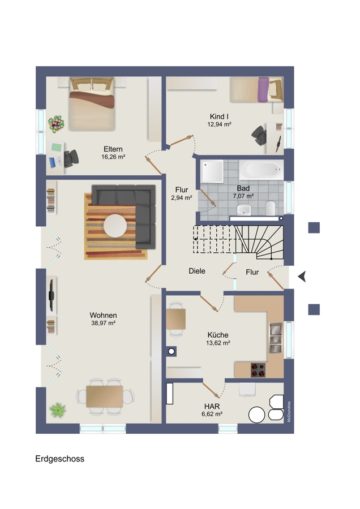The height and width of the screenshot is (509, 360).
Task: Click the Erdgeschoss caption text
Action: click(60, 459)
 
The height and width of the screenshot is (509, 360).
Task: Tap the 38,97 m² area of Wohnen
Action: click(104, 323)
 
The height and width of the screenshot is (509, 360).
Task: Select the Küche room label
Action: click(218, 335)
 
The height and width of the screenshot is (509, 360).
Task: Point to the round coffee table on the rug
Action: click(115, 225)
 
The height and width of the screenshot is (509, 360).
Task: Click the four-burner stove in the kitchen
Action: click(258, 370)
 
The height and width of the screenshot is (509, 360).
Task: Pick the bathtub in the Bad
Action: click(262, 170)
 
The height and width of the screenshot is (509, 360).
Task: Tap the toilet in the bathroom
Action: click(271, 208)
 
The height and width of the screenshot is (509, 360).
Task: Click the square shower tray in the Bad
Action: click(212, 171)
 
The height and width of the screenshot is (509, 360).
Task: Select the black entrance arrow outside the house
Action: click(302, 277)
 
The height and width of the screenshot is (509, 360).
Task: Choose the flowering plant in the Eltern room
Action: click(56, 123)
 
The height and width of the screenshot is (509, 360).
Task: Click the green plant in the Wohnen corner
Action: click(58, 409)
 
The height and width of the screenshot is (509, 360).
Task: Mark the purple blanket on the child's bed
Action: click(263, 89)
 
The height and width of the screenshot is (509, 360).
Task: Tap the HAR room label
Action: click(212, 406)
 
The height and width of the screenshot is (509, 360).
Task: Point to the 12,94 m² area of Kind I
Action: click(219, 124)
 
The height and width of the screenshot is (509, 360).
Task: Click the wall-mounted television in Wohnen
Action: click(52, 295)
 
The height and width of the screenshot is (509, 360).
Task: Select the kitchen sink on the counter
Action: click(276, 338)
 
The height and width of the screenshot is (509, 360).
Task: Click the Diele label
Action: click(197, 271)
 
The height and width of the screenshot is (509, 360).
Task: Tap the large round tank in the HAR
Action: click(256, 415)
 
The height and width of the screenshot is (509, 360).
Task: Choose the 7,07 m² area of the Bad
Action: click(243, 196)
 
